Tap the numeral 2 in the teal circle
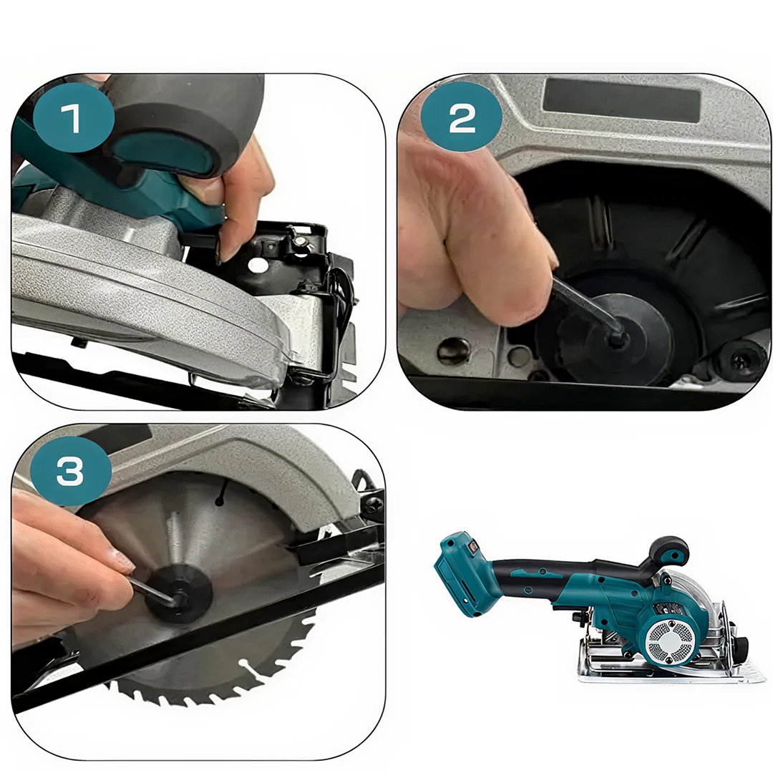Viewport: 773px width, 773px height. click(x=462, y=118)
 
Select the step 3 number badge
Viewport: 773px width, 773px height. click(x=70, y=471)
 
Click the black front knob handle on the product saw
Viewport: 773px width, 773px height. click(x=669, y=552)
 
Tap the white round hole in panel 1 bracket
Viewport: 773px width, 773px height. click(x=255, y=265)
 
